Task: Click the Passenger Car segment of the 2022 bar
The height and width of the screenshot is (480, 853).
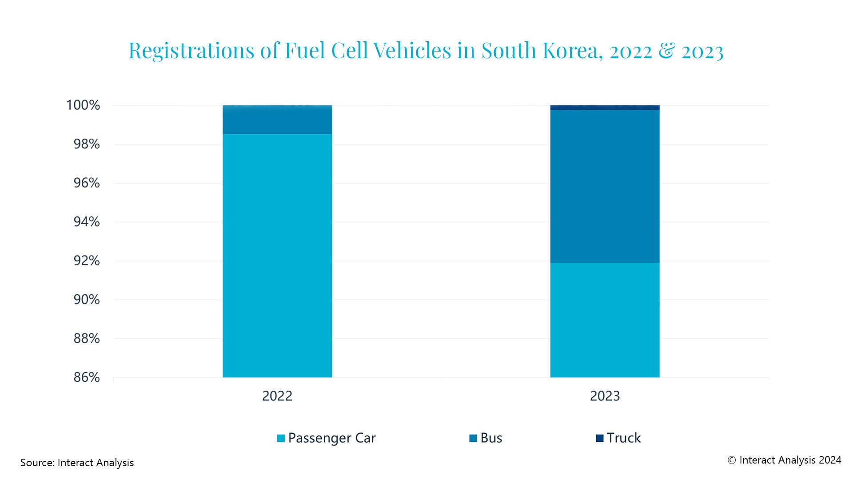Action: (x=277, y=256)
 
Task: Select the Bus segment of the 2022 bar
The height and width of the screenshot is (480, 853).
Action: (x=277, y=120)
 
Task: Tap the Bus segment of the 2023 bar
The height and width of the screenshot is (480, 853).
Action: (x=605, y=186)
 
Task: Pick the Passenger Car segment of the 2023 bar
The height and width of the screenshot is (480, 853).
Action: (x=605, y=320)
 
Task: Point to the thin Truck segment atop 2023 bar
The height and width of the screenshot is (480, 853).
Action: (x=605, y=107)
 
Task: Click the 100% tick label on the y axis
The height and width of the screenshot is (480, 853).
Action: (x=83, y=105)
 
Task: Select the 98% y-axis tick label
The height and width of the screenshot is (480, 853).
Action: (x=87, y=144)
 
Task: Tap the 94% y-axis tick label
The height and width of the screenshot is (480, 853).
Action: (x=87, y=222)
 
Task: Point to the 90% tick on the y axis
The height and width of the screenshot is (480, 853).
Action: (x=87, y=300)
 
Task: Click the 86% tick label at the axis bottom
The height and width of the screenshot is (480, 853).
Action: (x=87, y=377)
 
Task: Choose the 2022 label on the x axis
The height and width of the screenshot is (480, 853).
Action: (x=277, y=396)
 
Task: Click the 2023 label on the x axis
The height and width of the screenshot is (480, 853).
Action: (x=605, y=396)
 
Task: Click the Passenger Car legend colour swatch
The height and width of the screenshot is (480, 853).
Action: (x=281, y=438)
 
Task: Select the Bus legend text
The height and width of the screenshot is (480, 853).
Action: (x=491, y=438)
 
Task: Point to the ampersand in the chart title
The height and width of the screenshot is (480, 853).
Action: (x=666, y=50)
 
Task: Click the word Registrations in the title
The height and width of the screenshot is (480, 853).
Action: (x=191, y=51)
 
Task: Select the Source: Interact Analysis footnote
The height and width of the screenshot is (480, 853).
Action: (x=77, y=463)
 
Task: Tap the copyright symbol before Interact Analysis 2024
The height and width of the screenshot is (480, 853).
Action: (x=732, y=460)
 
